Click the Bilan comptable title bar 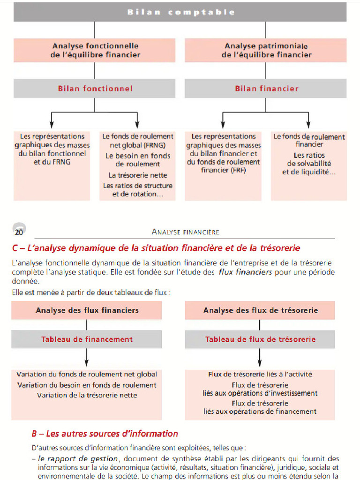click(180, 12)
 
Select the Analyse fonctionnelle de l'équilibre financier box click(95, 50)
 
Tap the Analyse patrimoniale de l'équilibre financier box click(266, 50)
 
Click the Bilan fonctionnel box click(95, 88)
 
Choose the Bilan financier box click(266, 88)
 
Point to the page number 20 click(19, 232)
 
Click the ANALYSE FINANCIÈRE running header click(186, 232)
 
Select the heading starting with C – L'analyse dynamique click(156, 247)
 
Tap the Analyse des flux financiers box click(87, 310)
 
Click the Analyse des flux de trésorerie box click(260, 310)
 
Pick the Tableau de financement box click(87, 339)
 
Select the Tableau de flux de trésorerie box click(260, 339)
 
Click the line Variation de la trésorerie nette click(87, 395)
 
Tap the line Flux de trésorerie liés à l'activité click(260, 374)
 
